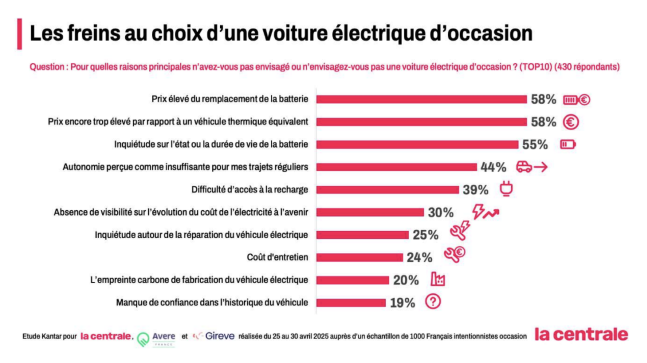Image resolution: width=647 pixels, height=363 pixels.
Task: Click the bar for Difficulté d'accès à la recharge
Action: click(387, 190)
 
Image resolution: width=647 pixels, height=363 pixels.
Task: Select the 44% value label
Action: click(493, 167)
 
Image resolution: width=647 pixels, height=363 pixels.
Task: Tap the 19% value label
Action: click(402, 303)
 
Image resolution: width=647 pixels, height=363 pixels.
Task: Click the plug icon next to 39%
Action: click(506, 189)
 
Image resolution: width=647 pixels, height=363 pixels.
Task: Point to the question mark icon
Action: click(433, 302)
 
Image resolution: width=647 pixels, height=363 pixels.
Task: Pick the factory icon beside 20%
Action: click(438, 279)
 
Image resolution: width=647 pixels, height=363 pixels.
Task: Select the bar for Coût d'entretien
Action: click(359, 258)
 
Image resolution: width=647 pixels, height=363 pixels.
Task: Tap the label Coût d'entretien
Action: click(277, 258)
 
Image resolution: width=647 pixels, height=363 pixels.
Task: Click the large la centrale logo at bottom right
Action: click(581, 335)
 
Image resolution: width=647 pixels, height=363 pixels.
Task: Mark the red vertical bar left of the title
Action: click(19, 34)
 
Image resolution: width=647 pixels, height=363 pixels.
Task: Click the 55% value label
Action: click(535, 145)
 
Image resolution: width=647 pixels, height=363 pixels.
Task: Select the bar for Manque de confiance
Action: click(351, 303)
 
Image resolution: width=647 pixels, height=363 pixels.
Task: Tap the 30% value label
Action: click(441, 213)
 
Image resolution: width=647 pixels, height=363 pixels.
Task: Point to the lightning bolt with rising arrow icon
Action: click(485, 212)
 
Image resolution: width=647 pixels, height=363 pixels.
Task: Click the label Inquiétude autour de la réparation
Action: click(201, 235)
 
